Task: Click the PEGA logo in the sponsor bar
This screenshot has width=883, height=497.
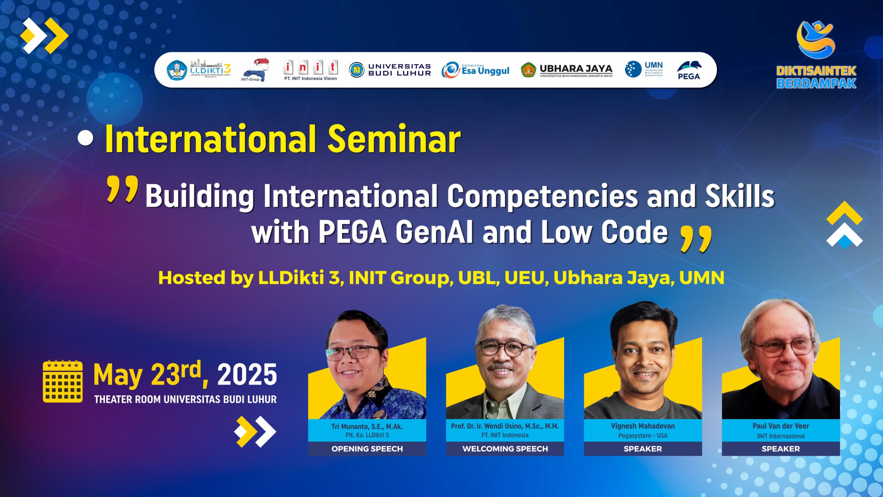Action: click(x=689, y=70)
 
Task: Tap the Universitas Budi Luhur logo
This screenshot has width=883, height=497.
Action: click(x=390, y=70)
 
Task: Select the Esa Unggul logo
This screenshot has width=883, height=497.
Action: click(x=475, y=70)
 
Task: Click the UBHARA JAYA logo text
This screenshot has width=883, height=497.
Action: click(x=576, y=69)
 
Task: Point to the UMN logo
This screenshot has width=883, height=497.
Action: click(x=644, y=69)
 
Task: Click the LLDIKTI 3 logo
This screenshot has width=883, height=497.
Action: click(x=199, y=69)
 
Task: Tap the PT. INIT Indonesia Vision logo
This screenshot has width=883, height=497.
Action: click(x=310, y=70)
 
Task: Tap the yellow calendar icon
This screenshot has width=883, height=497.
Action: click(x=63, y=381)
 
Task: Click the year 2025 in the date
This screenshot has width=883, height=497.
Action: click(x=247, y=375)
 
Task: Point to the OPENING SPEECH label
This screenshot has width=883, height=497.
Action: click(x=367, y=449)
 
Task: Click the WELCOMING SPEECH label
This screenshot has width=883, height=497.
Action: click(x=505, y=449)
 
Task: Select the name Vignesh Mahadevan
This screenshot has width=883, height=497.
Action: click(x=643, y=426)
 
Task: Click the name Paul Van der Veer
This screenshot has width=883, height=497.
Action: click(x=781, y=426)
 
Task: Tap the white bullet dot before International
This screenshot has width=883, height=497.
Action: click(x=85, y=138)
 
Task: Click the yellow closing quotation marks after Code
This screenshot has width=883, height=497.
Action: click(x=696, y=239)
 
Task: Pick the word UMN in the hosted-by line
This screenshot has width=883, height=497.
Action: click(x=702, y=278)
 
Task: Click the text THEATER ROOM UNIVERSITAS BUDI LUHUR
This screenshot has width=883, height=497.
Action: click(x=185, y=399)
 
